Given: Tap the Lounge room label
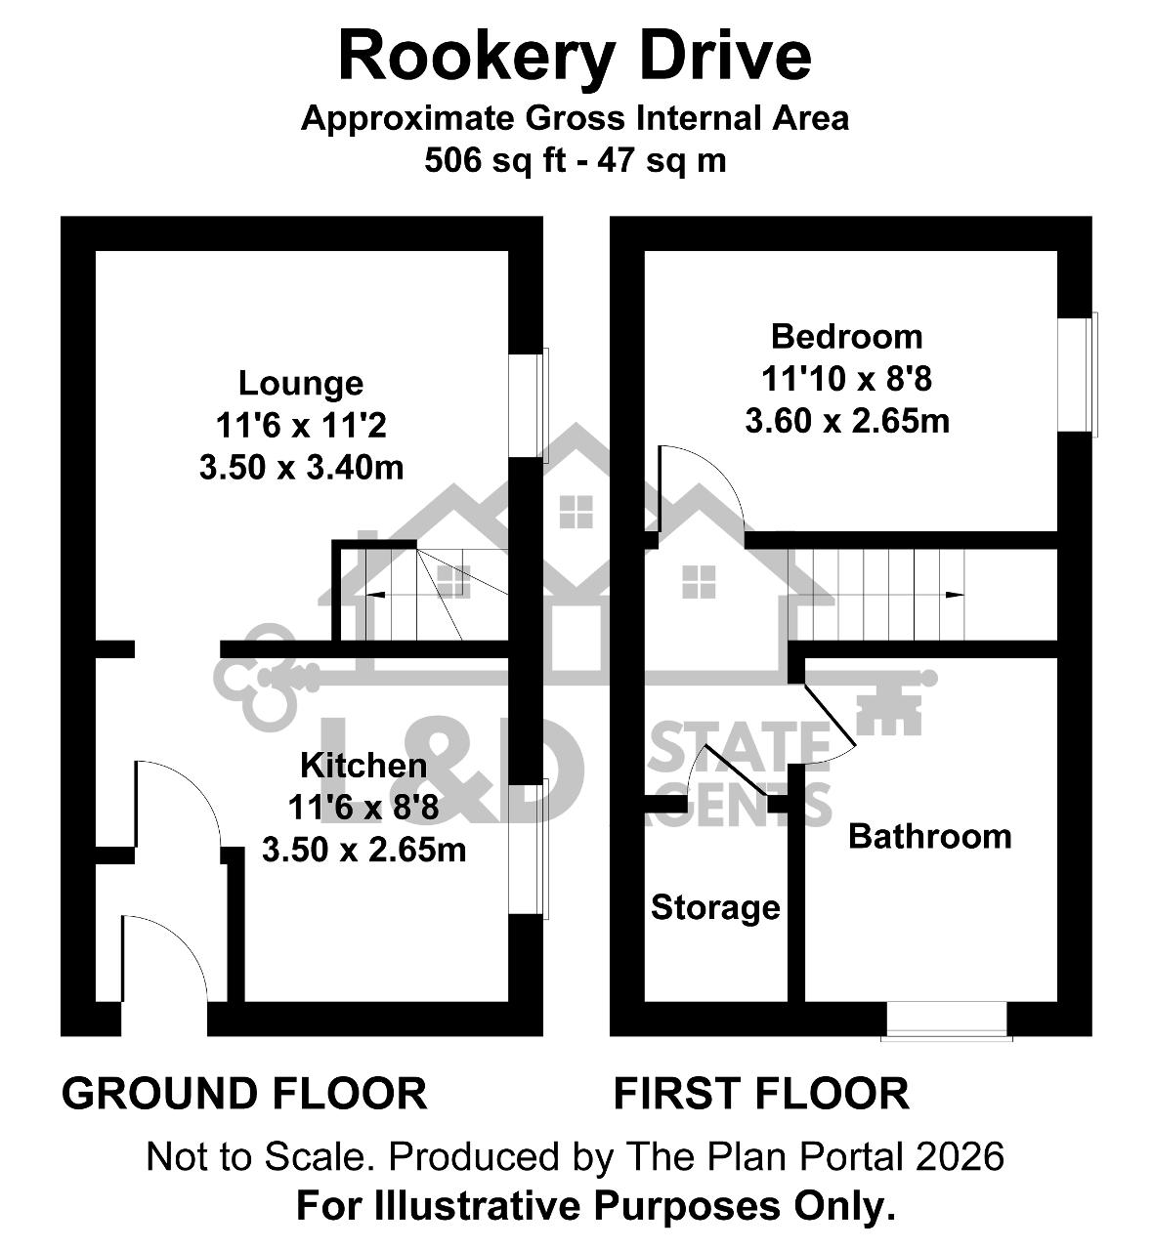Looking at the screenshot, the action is (x=301, y=384).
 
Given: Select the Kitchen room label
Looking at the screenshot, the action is (x=363, y=766).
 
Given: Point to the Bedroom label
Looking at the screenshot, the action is (x=847, y=337).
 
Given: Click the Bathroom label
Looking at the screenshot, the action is (x=930, y=837).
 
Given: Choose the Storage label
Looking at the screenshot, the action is (x=715, y=907).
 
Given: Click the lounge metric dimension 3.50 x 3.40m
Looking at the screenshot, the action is (x=301, y=468).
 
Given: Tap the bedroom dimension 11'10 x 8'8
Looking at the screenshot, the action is (x=847, y=379).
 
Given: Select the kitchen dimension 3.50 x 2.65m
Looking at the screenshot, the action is (x=363, y=850).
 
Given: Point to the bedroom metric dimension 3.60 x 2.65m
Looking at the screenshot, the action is (x=847, y=421).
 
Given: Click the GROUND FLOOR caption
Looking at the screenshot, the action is (x=244, y=1094).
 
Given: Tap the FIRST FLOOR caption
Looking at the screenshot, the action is (x=761, y=1094).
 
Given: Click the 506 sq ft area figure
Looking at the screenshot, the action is (x=495, y=160).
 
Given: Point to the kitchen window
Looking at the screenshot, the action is (x=529, y=849).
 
